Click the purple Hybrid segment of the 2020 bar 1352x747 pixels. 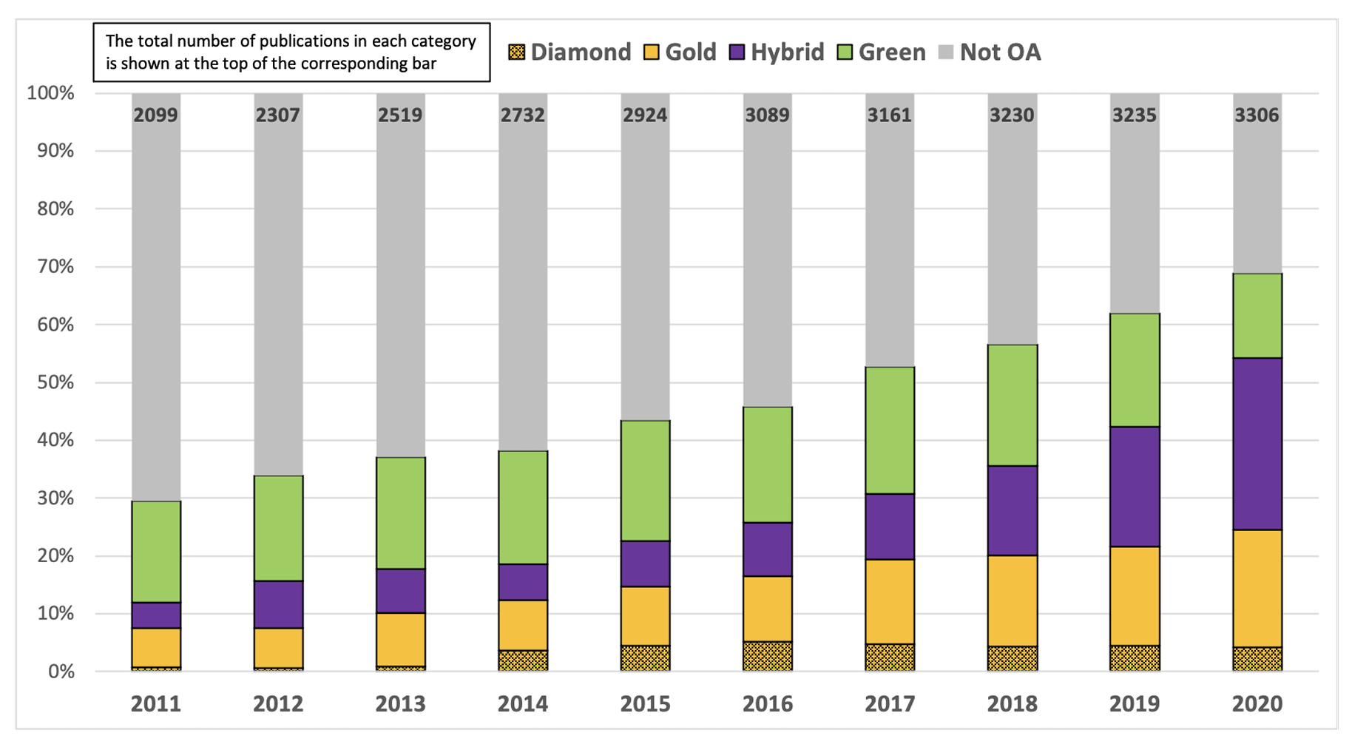point(1257,444)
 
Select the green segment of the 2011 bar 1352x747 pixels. point(156,552)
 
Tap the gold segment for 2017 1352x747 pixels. point(890,601)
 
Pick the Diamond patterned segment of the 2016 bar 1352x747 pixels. point(768,656)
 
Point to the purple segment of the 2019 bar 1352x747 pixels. point(1135,487)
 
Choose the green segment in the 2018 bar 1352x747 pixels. point(1012,405)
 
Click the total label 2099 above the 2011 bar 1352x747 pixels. point(156,115)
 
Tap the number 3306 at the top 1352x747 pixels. point(1257,115)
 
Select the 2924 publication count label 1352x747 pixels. point(645,115)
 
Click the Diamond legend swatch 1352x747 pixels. point(517,53)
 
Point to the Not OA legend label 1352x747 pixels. point(1000,53)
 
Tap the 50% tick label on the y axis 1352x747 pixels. point(50,382)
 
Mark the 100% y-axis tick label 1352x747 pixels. point(50,93)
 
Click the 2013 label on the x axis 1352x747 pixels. point(400,703)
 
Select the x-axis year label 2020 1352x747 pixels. point(1257,703)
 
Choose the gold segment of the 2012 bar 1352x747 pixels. point(278,648)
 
